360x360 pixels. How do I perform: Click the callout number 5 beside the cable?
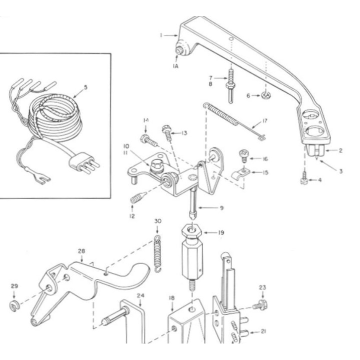[x=85, y=87]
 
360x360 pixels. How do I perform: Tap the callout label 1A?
[x=175, y=66]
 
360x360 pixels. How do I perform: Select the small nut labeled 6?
[x=266, y=95]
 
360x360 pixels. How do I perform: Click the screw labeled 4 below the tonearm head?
[x=304, y=178]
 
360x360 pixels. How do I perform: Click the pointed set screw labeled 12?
[x=137, y=197]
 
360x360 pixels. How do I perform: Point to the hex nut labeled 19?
[x=191, y=231]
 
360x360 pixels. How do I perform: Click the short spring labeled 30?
[x=157, y=254]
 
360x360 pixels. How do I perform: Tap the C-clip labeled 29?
[x=14, y=306]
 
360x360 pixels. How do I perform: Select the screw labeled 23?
[x=259, y=304]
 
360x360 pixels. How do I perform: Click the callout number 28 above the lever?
[x=81, y=251]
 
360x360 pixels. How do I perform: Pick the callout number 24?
[x=140, y=295]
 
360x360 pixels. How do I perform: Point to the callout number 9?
[x=221, y=208]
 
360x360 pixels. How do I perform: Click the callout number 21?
[x=263, y=331]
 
